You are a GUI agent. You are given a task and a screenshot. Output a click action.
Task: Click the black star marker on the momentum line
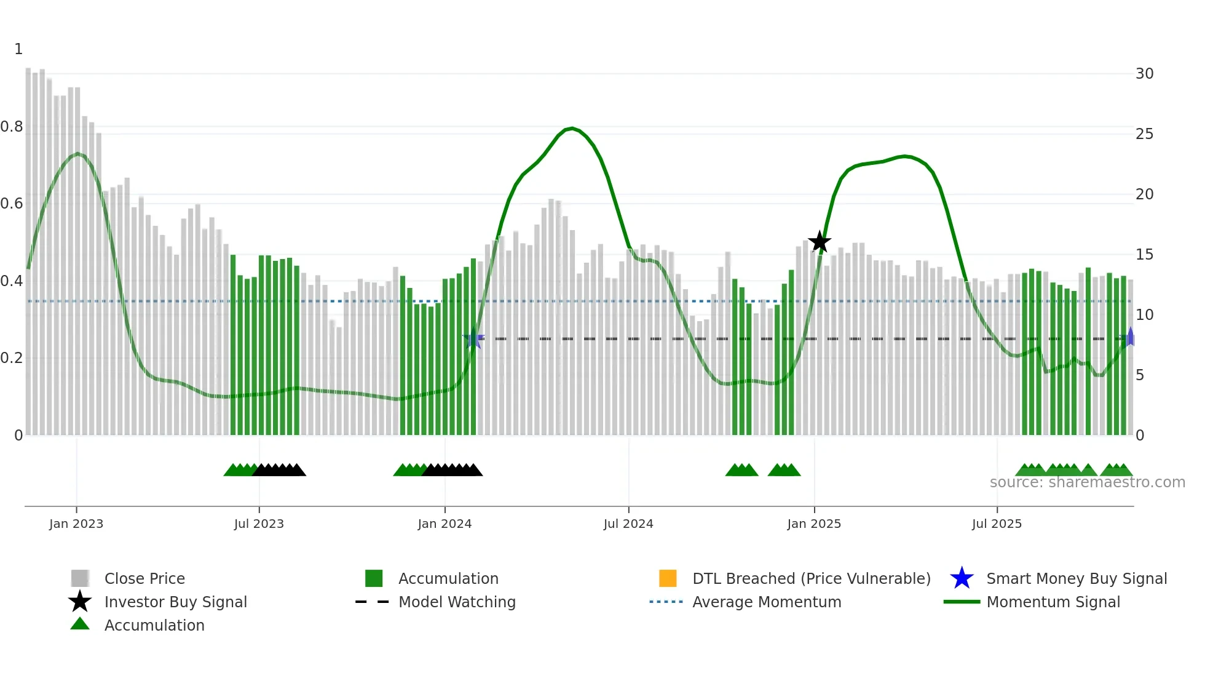tap(819, 242)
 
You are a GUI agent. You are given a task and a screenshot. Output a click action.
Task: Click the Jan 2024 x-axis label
tap(444, 524)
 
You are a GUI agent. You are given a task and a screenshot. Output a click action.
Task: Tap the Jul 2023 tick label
tap(259, 524)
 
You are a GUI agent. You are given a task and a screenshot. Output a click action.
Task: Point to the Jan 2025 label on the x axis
tap(814, 524)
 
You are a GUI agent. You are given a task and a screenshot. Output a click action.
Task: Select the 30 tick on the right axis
tap(1144, 74)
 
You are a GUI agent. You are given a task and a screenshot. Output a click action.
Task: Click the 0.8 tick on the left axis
tap(12, 127)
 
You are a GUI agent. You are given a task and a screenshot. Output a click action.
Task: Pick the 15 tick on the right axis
tap(1144, 255)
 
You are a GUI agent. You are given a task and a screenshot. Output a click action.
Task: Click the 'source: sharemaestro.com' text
tap(1087, 482)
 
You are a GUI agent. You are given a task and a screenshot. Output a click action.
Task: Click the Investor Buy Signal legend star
tap(80, 602)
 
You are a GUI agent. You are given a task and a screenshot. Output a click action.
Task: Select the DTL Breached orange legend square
tap(668, 578)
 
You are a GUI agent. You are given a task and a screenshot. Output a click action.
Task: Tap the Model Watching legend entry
tap(456, 602)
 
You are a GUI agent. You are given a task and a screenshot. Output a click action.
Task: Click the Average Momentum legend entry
tap(766, 602)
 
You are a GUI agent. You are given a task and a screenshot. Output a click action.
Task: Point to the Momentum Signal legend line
tap(962, 602)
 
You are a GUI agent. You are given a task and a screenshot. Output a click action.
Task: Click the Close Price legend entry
tap(144, 578)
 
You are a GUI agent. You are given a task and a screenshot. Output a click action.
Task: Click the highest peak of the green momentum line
tap(572, 128)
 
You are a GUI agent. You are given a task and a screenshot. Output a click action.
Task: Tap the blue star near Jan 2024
tap(473, 338)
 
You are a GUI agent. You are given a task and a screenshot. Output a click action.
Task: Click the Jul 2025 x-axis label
tap(997, 524)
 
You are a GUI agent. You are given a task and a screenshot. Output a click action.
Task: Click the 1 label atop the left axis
tap(18, 49)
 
